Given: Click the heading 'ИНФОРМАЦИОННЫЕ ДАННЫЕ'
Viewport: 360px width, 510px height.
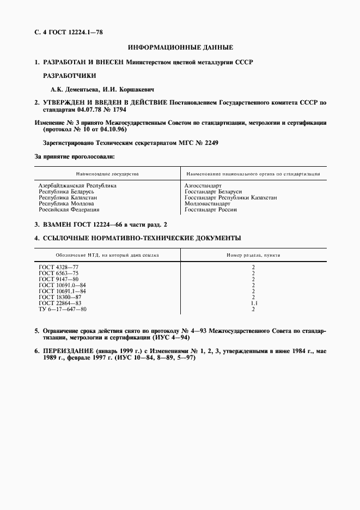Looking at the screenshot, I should [180, 48].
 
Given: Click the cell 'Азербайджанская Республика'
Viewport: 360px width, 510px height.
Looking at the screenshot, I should [77, 186].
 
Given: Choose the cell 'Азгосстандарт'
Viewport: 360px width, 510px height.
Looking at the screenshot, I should [203, 186].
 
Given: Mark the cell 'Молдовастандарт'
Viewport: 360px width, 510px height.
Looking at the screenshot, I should [208, 204].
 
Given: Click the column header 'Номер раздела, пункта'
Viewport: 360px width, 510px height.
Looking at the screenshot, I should [253, 254].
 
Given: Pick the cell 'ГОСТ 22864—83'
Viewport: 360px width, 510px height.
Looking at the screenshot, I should [60, 303].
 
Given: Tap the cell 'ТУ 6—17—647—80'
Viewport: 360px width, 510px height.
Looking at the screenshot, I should [63, 309].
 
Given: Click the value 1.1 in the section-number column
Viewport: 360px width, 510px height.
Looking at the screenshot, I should [253, 303].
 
